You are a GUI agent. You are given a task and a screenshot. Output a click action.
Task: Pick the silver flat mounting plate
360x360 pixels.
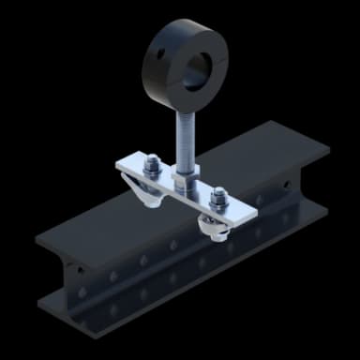187,187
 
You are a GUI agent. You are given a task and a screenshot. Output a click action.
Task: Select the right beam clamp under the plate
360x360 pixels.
214,226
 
